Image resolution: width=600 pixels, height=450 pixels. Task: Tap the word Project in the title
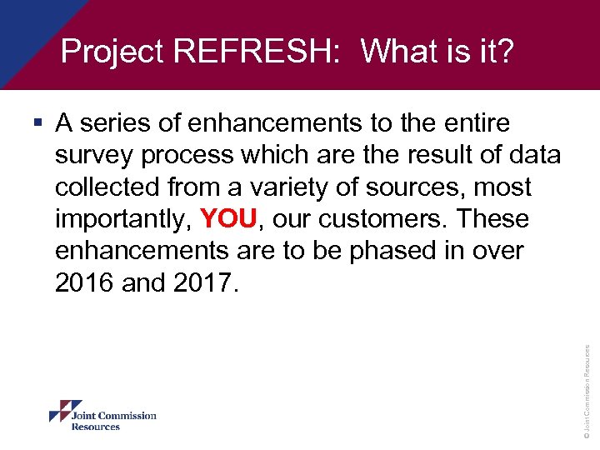112,52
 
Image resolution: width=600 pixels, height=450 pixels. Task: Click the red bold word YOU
230,219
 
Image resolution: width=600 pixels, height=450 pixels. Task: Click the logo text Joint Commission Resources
113,421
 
